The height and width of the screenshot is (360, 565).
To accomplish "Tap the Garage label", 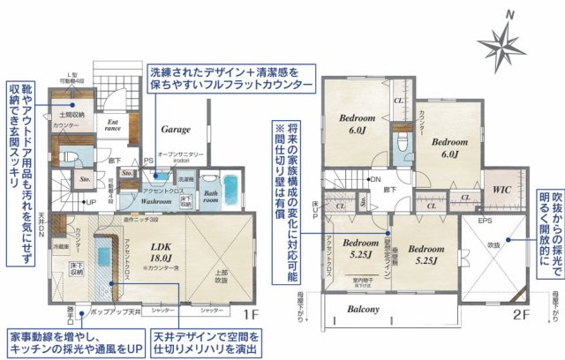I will pos(175,129).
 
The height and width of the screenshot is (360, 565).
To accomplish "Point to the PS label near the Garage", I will pos(149,161).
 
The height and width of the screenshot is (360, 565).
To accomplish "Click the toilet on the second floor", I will pos(403,143).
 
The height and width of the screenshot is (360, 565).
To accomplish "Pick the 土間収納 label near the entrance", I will pos(72,115).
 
